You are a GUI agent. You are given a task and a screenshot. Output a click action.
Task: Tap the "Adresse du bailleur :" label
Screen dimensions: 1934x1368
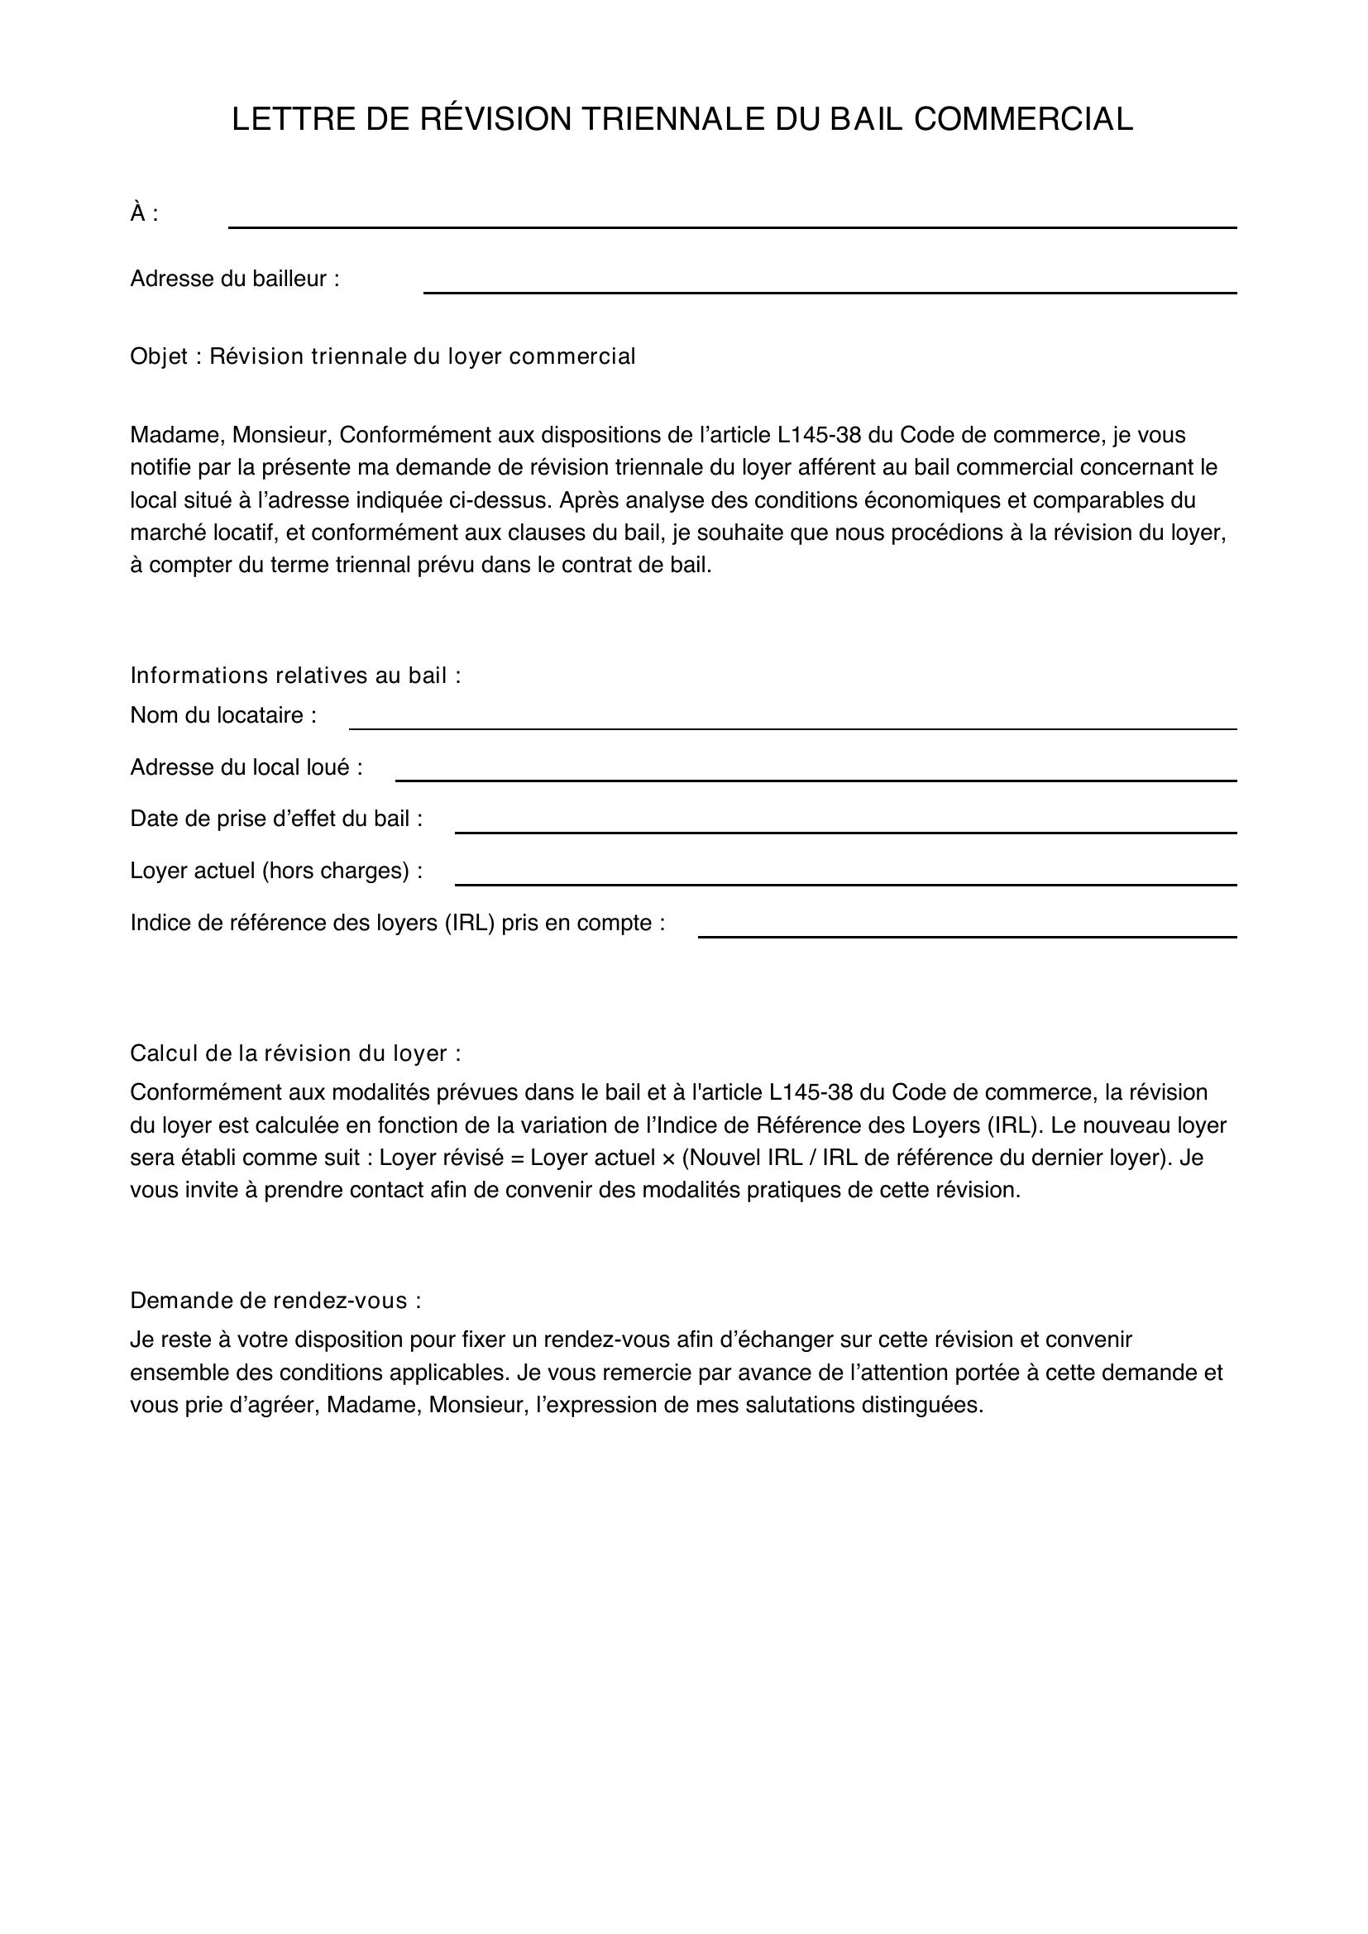click(x=235, y=279)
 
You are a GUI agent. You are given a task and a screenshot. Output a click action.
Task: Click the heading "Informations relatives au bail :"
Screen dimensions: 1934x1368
click(x=295, y=676)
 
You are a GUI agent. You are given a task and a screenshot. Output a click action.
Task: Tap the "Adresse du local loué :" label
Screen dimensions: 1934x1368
click(x=246, y=767)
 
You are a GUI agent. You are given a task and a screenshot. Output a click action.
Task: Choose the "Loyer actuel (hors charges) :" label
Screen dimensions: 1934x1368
click(x=276, y=871)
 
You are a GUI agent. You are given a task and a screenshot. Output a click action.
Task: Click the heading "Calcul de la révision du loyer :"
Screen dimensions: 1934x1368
click(x=295, y=1053)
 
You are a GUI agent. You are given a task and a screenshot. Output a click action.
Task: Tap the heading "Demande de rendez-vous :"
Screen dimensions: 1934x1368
click(x=275, y=1301)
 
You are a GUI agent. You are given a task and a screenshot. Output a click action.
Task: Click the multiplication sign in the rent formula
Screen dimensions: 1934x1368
click(x=668, y=1158)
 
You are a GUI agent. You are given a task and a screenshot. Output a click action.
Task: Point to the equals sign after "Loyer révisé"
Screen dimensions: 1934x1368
click(x=516, y=1158)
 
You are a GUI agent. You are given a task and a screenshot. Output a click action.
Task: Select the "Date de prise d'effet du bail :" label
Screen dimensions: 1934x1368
click(x=276, y=819)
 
